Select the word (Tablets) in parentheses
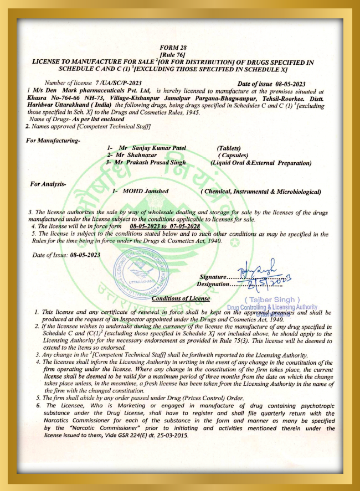point(228,148)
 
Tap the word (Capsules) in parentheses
point(233,156)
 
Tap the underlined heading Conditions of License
point(181,298)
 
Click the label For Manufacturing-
point(53,140)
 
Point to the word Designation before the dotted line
point(213,285)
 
